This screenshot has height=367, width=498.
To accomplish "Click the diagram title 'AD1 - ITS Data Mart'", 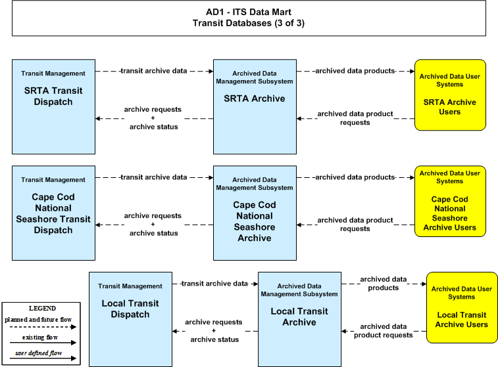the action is click(249, 12).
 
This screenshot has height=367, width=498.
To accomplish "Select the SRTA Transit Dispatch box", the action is click(54, 107).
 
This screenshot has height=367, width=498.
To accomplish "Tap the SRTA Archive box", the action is click(255, 107).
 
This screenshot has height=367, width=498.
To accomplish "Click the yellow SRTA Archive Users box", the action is click(450, 95).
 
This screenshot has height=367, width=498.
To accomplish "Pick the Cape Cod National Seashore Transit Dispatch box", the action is click(54, 213).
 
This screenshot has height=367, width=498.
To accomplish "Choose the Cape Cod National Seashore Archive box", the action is click(255, 213).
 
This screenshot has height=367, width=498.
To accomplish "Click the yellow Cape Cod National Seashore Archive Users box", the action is click(450, 201).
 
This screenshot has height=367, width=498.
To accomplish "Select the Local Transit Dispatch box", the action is click(130, 319).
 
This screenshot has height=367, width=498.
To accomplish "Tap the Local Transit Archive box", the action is click(299, 319).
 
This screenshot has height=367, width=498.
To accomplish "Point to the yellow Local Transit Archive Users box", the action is click(462, 307).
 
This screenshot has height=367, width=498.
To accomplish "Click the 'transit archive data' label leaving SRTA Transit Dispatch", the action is click(154, 71).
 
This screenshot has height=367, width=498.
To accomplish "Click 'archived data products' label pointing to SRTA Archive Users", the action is click(355, 71).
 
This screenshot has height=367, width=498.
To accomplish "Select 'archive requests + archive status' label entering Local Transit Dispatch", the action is click(214, 330).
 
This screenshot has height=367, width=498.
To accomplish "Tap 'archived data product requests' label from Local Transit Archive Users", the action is click(384, 330).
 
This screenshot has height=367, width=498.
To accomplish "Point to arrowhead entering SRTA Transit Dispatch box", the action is click(98, 119).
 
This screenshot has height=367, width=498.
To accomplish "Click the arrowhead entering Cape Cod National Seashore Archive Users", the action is click(412, 177).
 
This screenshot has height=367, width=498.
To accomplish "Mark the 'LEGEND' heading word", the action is click(42, 309).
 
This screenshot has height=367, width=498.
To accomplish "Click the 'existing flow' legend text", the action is click(40, 337).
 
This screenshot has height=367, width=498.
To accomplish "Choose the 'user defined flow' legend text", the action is click(39, 353).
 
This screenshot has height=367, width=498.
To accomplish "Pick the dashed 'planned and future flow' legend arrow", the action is click(43, 327).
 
